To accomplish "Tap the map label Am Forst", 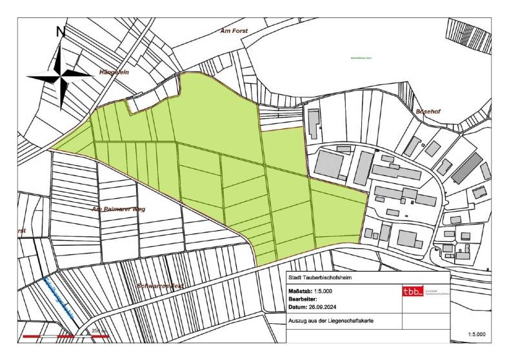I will coord(234,30).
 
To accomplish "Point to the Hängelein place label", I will coord(114,72).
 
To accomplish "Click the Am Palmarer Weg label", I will coord(119,209).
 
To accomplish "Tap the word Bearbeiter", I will coord(308,299).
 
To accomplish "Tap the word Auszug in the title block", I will coord(299,321).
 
